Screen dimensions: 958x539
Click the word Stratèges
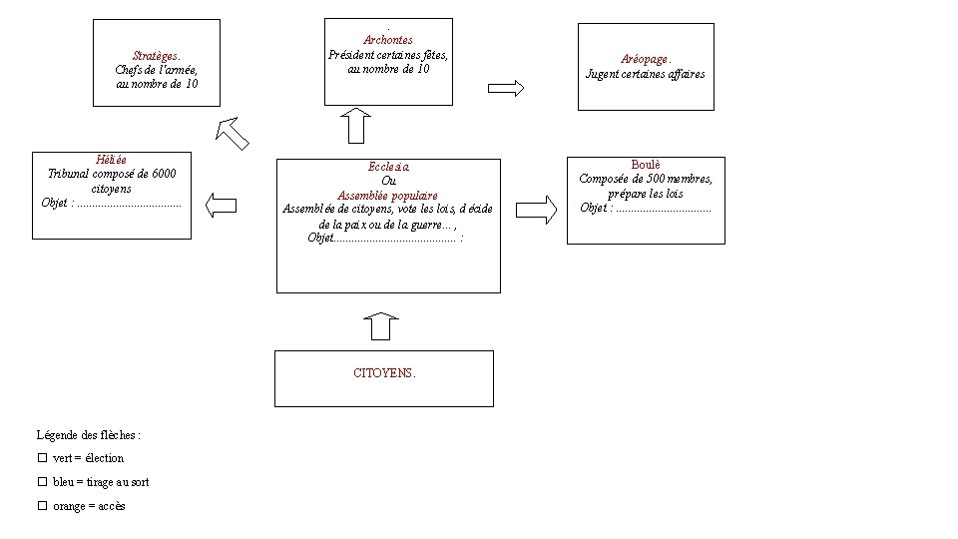point(156,56)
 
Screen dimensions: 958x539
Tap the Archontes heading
point(388,40)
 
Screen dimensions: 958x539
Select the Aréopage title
point(646,60)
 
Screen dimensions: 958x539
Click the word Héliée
point(111,160)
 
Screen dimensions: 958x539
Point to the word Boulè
point(646,165)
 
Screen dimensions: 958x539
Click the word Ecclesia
point(388,168)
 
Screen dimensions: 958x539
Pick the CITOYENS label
point(384,373)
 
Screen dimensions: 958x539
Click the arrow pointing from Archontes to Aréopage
point(506,87)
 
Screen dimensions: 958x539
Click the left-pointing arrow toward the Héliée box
point(221,207)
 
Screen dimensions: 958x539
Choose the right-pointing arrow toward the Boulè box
point(538,210)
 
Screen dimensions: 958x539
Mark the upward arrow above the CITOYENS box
point(381,327)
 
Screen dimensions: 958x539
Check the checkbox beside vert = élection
point(43,457)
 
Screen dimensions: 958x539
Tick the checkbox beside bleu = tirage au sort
point(43,481)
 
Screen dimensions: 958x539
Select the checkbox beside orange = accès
point(43,506)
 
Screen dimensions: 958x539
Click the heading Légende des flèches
point(89,435)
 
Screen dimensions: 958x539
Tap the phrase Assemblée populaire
point(387,196)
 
